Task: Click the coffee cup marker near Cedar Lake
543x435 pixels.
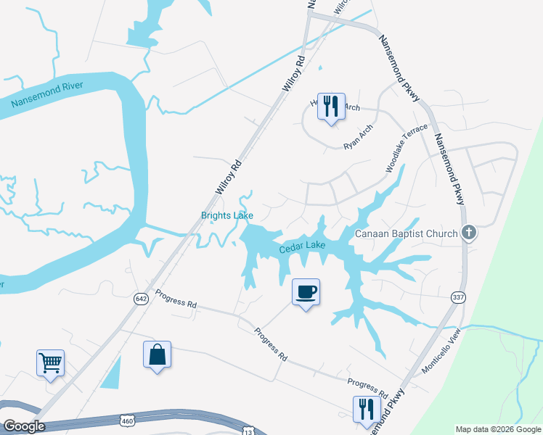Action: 306,292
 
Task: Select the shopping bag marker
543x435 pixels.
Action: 157,355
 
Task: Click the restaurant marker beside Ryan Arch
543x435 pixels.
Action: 332,106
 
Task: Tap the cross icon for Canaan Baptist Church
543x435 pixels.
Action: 469,233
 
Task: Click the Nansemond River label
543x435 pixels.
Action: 47,95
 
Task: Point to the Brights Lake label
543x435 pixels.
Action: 226,215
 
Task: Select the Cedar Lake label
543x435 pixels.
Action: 302,247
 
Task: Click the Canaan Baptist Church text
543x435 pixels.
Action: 407,233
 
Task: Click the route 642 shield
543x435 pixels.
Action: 141,298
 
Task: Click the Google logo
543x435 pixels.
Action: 23,426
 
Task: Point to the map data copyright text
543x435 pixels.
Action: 497,429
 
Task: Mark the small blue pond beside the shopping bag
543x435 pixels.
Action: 111,373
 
